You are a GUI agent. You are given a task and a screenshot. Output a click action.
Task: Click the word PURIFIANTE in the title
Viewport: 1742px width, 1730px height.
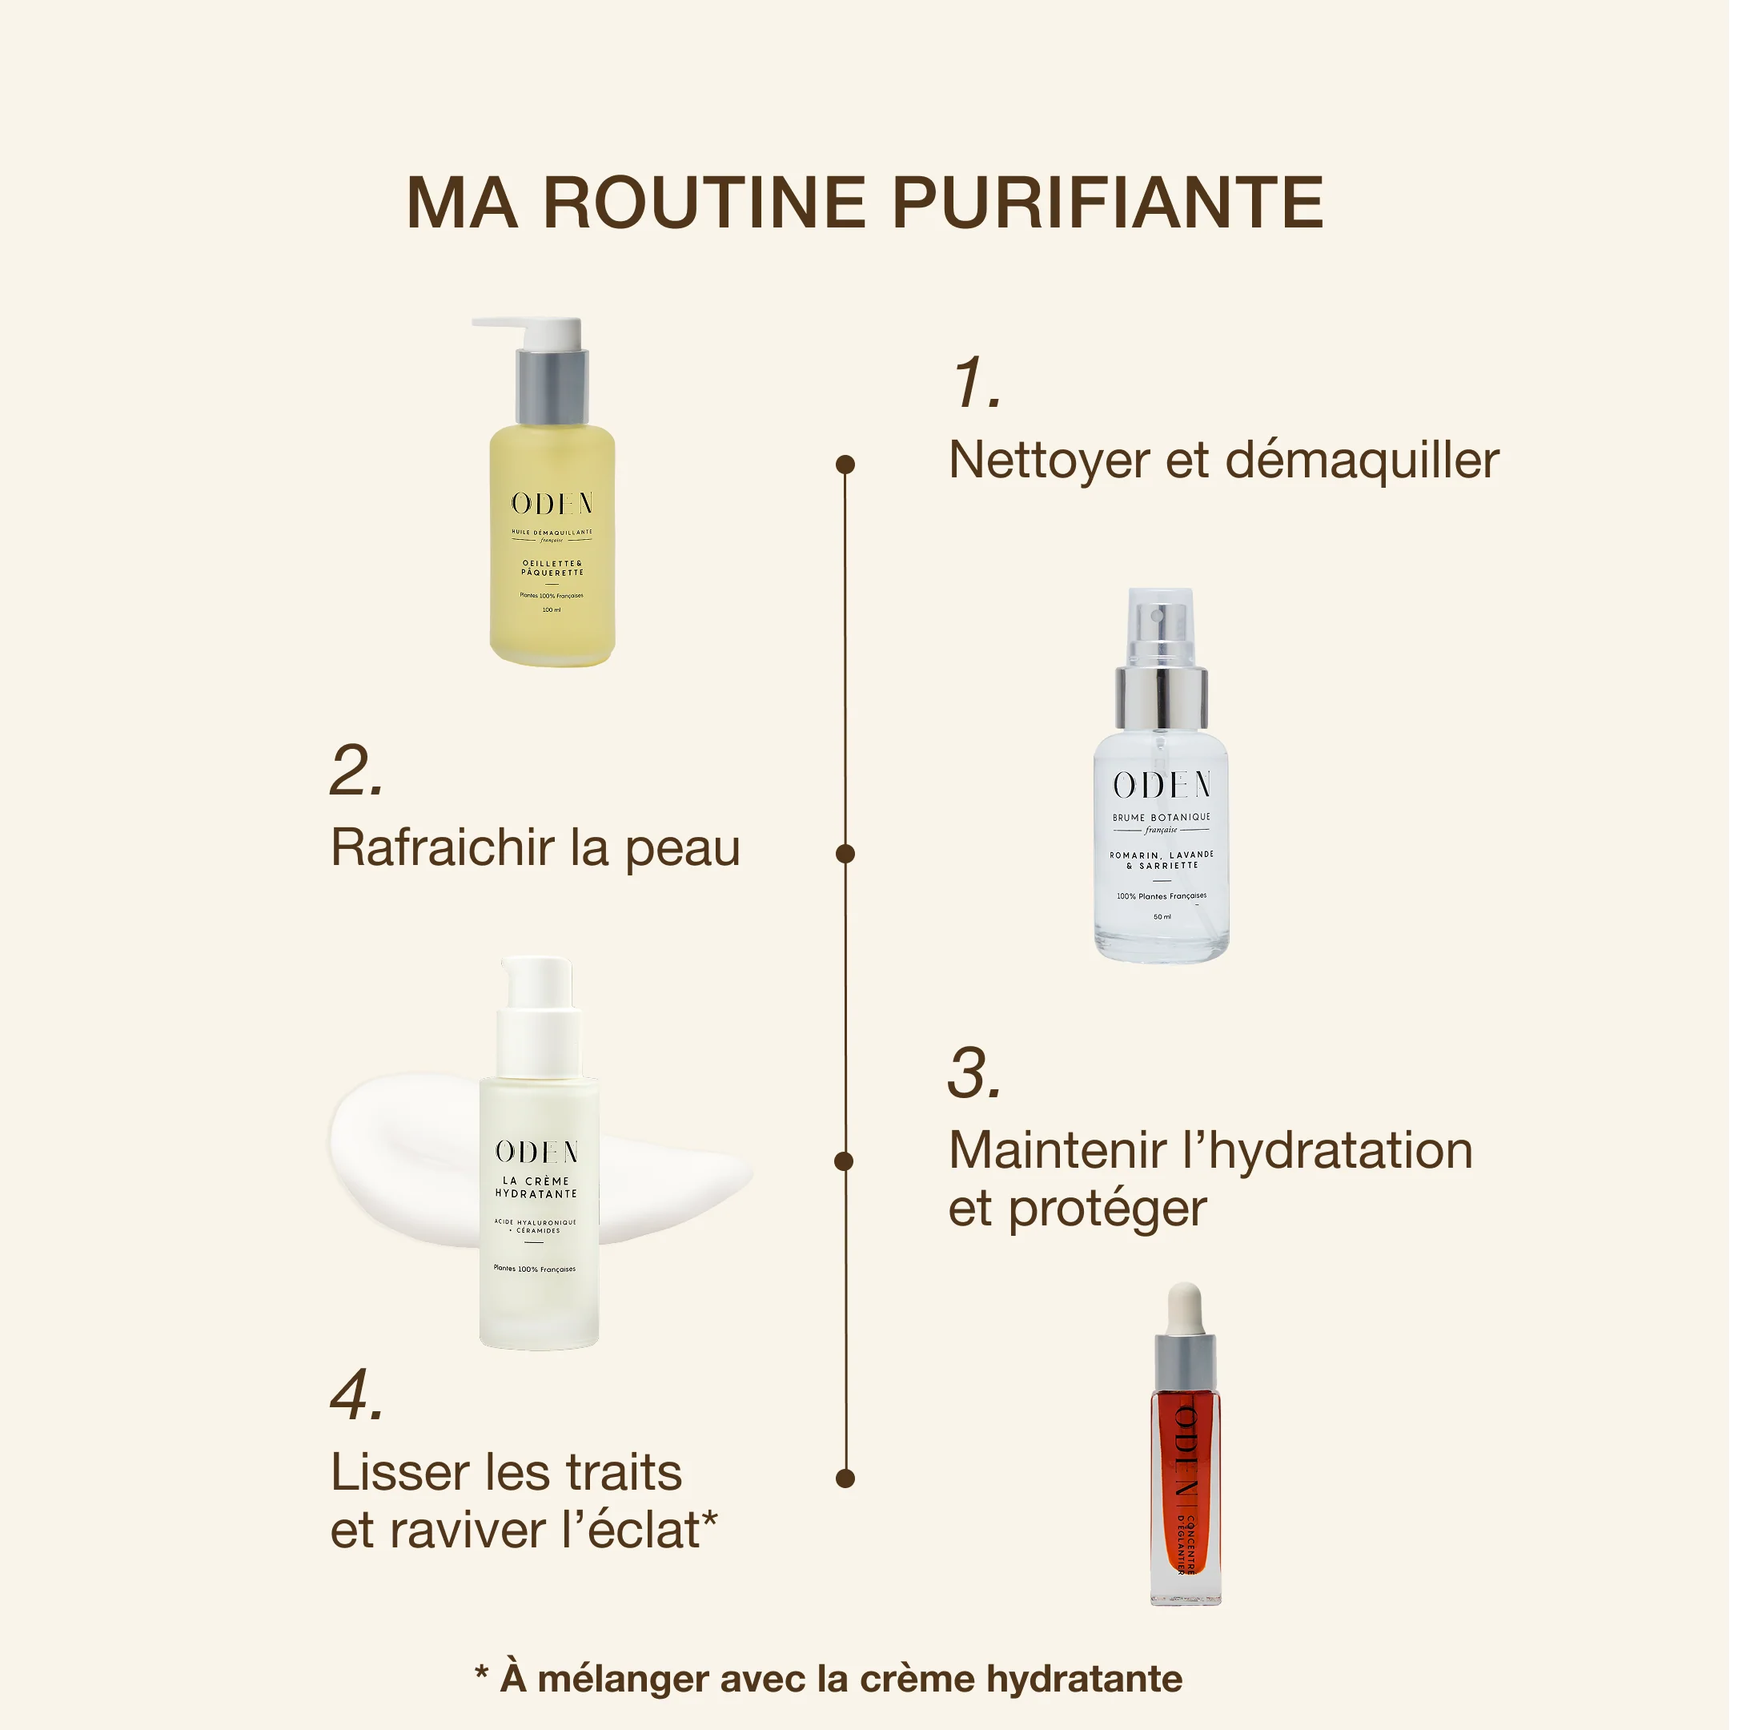tap(1107, 203)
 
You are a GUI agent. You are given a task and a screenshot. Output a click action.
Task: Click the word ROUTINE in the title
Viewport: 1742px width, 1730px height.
tap(704, 203)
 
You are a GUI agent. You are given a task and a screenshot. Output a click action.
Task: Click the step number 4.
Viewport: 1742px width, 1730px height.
tap(357, 1395)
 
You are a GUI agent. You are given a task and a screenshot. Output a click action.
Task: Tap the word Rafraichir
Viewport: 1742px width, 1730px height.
tap(442, 849)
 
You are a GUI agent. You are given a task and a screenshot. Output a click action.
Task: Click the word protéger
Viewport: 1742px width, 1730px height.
tap(1107, 1210)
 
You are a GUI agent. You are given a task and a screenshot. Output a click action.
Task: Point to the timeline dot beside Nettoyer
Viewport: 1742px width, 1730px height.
tap(845, 465)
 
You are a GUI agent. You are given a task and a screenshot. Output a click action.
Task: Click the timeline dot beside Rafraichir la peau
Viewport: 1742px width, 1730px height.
tap(845, 853)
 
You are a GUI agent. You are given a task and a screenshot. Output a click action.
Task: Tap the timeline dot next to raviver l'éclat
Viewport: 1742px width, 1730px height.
tap(845, 1478)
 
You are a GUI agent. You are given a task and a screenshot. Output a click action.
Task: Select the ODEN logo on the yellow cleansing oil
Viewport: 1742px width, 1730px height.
tap(552, 503)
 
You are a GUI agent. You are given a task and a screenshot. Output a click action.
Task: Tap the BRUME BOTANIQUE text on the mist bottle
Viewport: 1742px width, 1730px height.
tap(1162, 817)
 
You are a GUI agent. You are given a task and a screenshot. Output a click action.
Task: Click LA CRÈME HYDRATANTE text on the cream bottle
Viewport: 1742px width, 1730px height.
tap(536, 1187)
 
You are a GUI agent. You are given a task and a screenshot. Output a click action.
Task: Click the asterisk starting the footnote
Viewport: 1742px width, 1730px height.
tap(481, 1674)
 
